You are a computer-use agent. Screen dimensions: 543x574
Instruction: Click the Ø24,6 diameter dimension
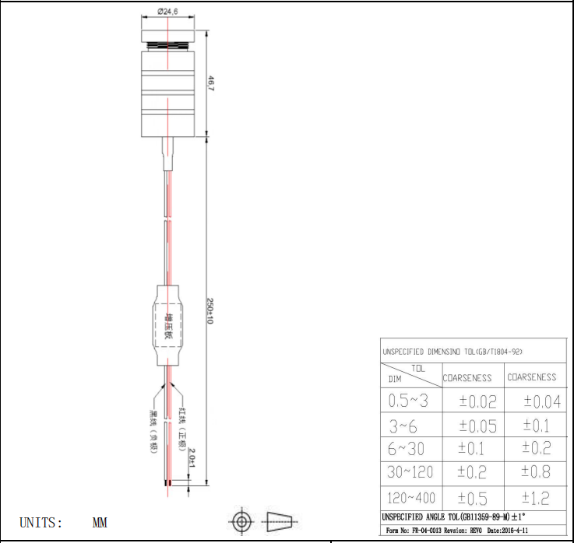(x=168, y=12)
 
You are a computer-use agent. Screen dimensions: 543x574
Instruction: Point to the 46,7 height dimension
(x=210, y=83)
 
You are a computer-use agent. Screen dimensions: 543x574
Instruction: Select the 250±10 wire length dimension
(x=210, y=311)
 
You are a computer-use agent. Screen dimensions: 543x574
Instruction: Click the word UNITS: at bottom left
(x=40, y=523)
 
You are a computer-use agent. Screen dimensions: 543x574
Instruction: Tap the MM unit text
(x=100, y=523)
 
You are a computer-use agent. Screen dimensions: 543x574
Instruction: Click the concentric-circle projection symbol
(x=241, y=520)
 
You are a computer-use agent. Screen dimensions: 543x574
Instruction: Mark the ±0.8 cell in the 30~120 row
(x=535, y=471)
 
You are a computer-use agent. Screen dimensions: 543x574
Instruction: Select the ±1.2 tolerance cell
(x=535, y=498)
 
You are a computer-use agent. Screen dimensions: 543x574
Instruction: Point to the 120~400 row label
(x=411, y=498)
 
